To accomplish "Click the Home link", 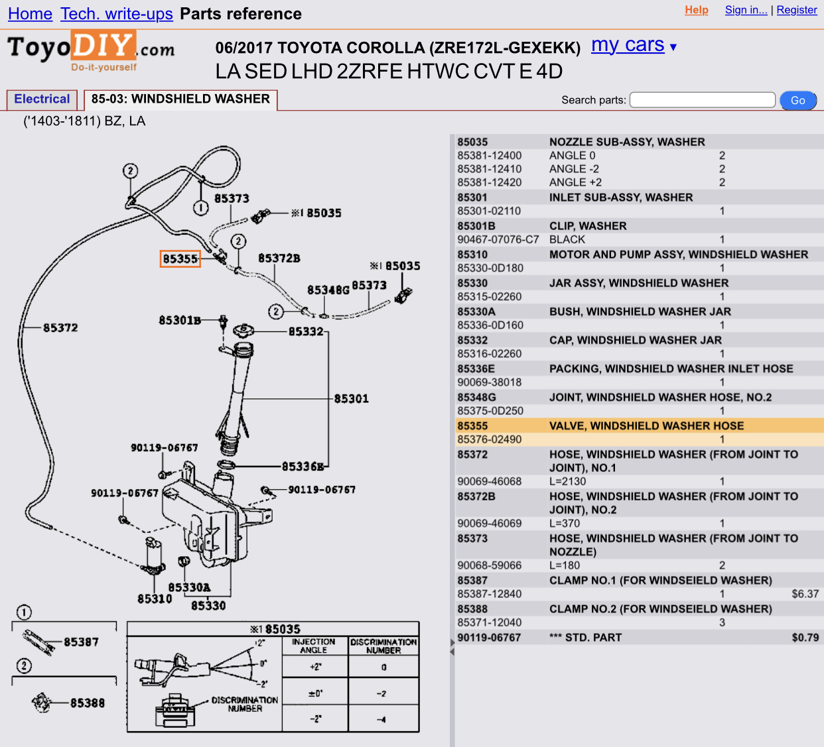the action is [30, 14].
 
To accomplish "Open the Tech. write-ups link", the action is [117, 14].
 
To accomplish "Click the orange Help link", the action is [696, 10].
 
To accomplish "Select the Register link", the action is [797, 10].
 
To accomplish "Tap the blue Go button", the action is [797, 100].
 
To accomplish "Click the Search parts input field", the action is [702, 99].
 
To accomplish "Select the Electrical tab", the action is [42, 99].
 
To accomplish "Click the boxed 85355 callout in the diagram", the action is [180, 259].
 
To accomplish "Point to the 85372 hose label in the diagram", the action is [60, 327].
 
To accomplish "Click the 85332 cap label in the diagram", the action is [306, 331].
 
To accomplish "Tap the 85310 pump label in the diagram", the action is [155, 599].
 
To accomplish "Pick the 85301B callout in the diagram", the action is [180, 320].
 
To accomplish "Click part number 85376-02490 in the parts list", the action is [490, 439].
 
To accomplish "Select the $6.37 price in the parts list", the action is [805, 594].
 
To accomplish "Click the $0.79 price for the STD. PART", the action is [805, 638].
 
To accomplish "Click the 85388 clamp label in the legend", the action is [87, 703].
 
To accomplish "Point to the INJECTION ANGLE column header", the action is [313, 646].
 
